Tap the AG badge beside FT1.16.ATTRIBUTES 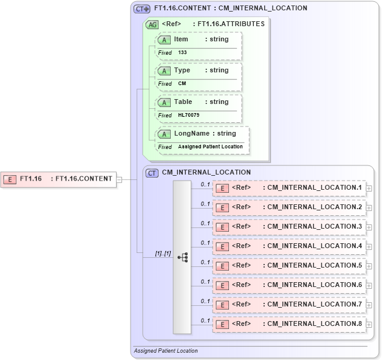[152, 24]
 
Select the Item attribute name [181, 39]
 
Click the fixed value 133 [182, 53]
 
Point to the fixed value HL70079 [189, 115]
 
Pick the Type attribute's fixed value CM [182, 83]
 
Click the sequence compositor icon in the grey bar [182, 257]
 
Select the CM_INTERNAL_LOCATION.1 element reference [289, 188]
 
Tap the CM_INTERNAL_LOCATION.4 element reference [289, 246]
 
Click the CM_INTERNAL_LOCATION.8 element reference [289, 324]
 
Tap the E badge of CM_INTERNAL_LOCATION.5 [223, 266]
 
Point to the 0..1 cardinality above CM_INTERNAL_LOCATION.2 [205, 204]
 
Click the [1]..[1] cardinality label [163, 253]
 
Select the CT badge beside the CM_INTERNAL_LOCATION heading [152, 173]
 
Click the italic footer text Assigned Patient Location [166, 351]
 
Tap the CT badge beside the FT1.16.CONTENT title [142, 9]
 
